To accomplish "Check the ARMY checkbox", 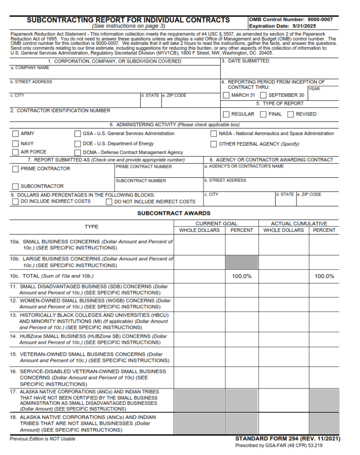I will (16, 134).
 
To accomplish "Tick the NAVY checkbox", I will (16, 144).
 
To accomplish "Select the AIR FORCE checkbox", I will (16, 152).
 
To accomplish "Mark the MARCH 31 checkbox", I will (226, 96).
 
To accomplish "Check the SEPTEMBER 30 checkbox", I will (263, 96).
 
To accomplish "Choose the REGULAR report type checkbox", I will (226, 114).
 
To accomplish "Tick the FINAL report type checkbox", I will (263, 114).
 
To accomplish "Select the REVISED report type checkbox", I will (290, 114).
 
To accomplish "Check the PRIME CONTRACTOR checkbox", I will (16, 169).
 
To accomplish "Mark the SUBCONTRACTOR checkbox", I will (16, 187).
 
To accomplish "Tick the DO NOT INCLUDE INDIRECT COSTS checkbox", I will (109, 202).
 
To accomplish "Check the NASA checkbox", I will (214, 134).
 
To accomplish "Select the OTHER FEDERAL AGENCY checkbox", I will (214, 144).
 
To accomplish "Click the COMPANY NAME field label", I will (30, 68).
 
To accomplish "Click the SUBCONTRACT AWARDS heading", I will (174, 213).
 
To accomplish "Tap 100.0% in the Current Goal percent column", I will (241, 276).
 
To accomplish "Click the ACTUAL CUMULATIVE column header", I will (299, 224).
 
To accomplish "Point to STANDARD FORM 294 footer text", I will (288, 439).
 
